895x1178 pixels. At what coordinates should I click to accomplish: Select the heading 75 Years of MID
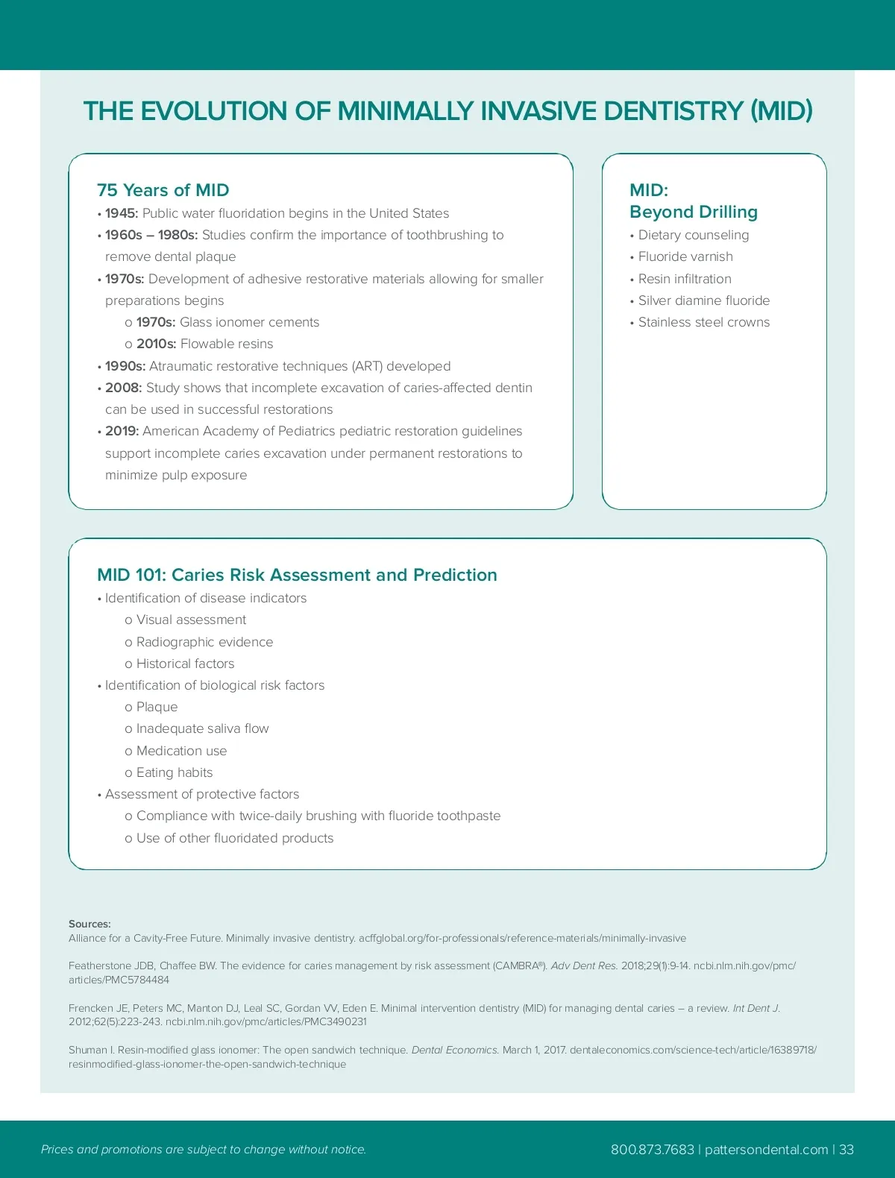tap(163, 190)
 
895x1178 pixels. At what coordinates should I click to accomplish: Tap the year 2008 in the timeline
tap(123, 388)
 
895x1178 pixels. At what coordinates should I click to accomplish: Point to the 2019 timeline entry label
tap(122, 431)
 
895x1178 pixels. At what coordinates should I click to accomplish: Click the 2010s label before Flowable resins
tap(156, 344)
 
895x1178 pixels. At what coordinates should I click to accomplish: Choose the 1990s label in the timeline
tap(125, 366)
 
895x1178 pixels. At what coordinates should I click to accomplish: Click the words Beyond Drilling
tap(693, 212)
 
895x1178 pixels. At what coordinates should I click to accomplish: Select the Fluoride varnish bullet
tap(685, 256)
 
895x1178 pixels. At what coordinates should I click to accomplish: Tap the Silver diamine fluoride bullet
tap(703, 300)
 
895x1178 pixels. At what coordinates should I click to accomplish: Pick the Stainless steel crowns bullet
tap(703, 322)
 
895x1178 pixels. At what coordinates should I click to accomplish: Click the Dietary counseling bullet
tap(693, 235)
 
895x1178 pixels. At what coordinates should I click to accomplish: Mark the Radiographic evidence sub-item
tap(204, 642)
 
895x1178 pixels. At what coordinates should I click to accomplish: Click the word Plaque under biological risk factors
tap(157, 707)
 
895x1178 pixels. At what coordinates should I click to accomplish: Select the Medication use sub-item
tap(181, 751)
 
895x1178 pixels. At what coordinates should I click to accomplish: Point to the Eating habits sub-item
tap(175, 772)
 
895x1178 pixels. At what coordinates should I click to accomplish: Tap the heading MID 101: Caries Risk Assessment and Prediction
tap(297, 575)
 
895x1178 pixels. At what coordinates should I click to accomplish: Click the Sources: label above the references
tap(89, 924)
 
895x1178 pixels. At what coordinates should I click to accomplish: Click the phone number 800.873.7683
tap(652, 1149)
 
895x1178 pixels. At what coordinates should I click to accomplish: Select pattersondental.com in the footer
tap(766, 1149)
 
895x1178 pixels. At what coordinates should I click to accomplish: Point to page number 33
tap(847, 1149)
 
